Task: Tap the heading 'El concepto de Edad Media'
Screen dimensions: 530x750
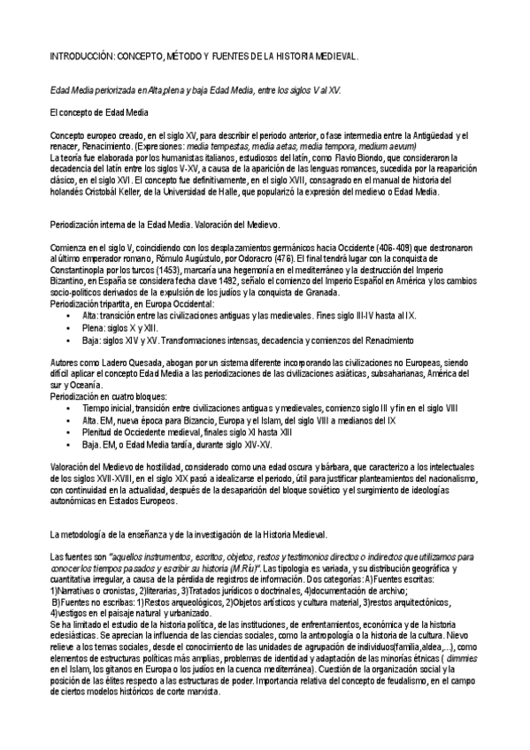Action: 98,113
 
